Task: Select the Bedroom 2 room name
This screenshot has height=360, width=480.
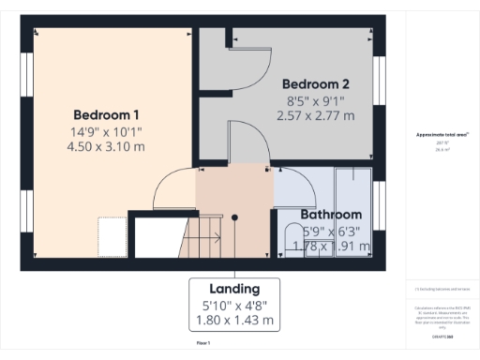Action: (316, 82)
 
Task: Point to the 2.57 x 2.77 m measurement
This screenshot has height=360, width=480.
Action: (316, 115)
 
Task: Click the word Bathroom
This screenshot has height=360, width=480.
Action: (331, 214)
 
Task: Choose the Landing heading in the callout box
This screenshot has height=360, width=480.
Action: (235, 289)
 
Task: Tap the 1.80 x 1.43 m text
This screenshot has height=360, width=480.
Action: (235, 320)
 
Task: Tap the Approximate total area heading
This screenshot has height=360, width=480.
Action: (442, 135)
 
